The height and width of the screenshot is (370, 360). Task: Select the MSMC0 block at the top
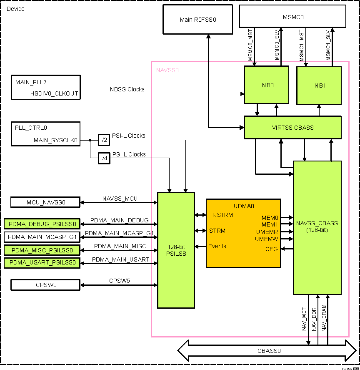point(292,18)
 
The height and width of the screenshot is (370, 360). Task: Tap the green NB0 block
point(267,85)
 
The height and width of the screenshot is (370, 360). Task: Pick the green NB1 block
point(319,85)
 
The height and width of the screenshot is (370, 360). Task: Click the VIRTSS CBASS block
point(292,127)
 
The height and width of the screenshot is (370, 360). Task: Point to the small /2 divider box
point(103,140)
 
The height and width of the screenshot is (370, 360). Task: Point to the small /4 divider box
point(103,159)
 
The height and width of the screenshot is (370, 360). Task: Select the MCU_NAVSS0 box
point(45,203)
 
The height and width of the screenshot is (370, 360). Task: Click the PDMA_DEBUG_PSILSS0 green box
point(42,224)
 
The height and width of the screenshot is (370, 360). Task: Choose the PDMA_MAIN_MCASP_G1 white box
point(42,237)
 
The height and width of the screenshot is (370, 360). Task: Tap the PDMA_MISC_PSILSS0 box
point(42,250)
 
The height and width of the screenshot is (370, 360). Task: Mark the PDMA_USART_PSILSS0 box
point(42,263)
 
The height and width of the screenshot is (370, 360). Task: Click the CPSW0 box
point(45,285)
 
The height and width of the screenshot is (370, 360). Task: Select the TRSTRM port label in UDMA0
point(221,215)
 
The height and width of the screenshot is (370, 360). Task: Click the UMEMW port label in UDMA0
point(267,239)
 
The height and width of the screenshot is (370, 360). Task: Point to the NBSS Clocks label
point(127,89)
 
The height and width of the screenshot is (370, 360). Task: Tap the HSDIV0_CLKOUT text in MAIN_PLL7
point(54,93)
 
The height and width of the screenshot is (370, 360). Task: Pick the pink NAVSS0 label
point(167,70)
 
